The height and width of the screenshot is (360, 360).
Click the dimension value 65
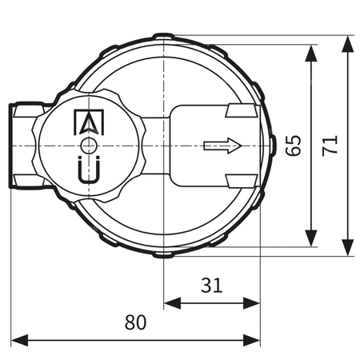(293, 146)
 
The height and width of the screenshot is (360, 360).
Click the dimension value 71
(330, 146)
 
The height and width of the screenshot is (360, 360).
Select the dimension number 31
(211, 285)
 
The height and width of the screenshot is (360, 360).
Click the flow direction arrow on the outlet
(222, 146)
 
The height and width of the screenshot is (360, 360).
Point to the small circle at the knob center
(88, 146)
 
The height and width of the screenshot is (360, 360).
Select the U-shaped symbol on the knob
(88, 171)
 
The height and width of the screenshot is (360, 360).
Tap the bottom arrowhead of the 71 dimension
(347, 249)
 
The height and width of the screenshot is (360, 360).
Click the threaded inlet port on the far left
(24, 146)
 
